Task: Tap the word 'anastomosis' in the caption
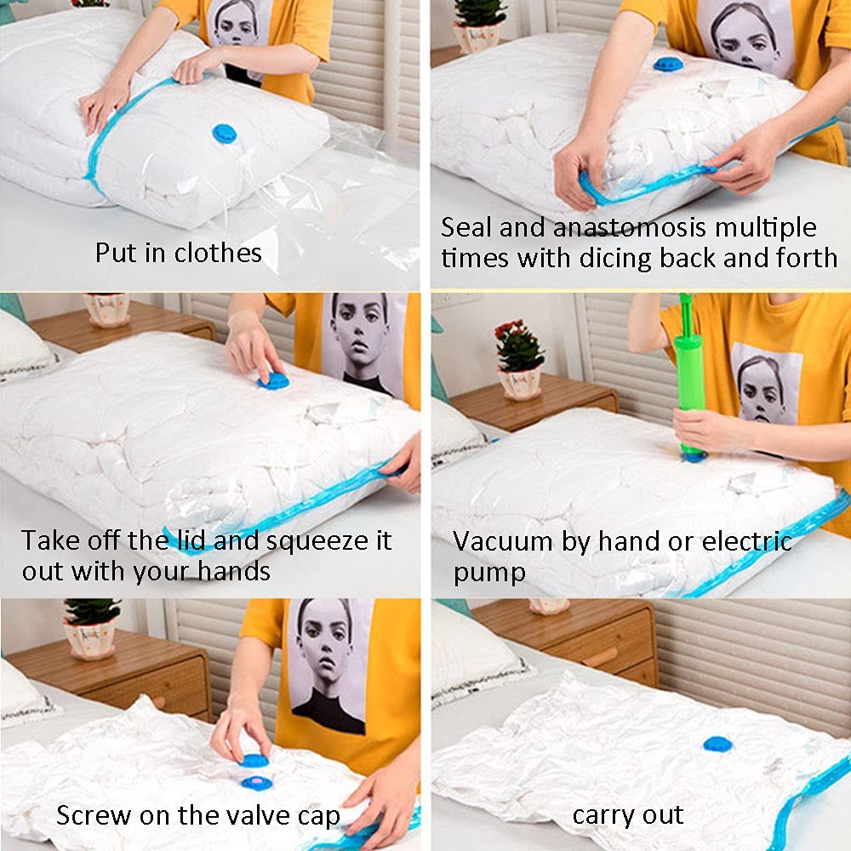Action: click(x=630, y=227)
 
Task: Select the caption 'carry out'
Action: click(x=627, y=816)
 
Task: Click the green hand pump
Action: click(x=690, y=377)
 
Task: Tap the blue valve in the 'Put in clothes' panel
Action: click(x=224, y=134)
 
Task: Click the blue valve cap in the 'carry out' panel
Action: click(x=717, y=744)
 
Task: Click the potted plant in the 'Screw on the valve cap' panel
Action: click(x=90, y=629)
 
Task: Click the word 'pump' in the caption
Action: click(x=489, y=574)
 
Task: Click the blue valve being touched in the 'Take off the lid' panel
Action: click(x=273, y=381)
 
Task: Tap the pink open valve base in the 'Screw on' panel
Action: click(x=256, y=783)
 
